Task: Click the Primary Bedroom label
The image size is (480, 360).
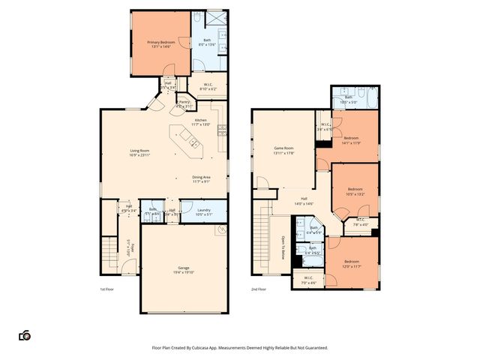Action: tap(161, 42)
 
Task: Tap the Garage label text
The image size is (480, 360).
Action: tap(184, 268)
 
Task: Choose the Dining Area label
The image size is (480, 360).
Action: tap(201, 177)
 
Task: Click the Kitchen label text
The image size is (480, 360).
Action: tap(200, 120)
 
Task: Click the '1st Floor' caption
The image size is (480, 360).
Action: tap(106, 289)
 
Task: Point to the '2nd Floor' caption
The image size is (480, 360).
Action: tap(258, 289)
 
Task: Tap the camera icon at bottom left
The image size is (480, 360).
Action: tap(25, 335)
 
